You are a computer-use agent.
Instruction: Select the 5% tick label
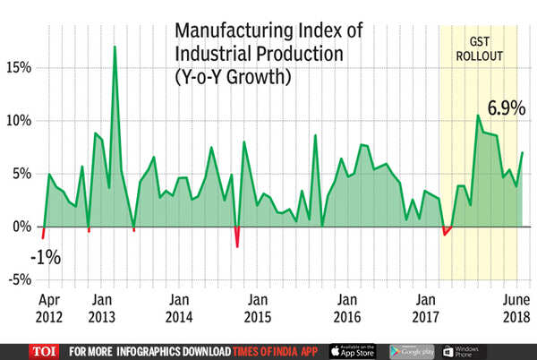coord(21,173)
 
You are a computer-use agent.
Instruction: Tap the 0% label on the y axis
coord(21,227)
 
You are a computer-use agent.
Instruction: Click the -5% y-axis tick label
coord(19,279)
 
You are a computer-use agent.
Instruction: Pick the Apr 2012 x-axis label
coord(51,308)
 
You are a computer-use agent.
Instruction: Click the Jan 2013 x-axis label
coord(102,308)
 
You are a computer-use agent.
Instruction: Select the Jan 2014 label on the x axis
coord(180,308)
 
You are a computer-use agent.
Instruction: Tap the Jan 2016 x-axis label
coord(345,308)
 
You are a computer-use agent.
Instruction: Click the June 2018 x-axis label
coord(516,308)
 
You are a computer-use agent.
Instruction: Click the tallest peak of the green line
coord(115,47)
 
